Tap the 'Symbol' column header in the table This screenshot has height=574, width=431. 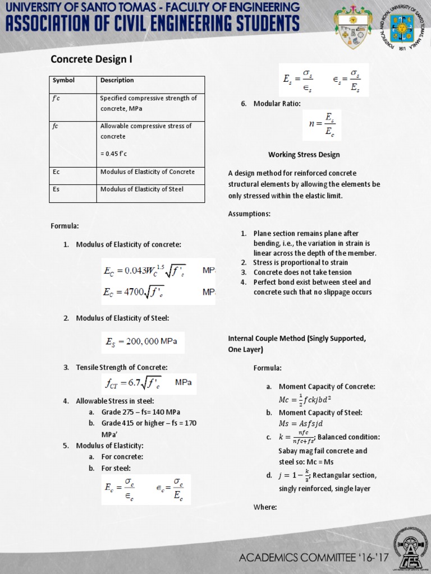63,80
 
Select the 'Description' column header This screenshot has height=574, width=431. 117,80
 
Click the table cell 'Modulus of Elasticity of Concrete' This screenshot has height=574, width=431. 147,172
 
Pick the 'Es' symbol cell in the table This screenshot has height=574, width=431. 56,189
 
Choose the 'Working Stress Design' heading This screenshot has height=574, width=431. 304,155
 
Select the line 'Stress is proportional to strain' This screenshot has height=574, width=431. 300,262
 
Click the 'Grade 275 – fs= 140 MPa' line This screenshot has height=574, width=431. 140,411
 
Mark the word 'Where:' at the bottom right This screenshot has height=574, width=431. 265,507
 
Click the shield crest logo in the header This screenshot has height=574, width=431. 353,28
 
